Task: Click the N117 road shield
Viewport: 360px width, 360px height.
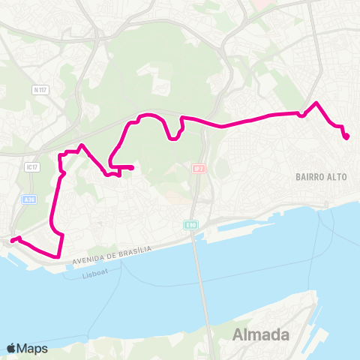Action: pyautogui.click(x=40, y=89)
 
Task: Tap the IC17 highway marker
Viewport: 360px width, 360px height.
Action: pyautogui.click(x=31, y=166)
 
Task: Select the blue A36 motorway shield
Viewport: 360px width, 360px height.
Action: pyautogui.click(x=29, y=199)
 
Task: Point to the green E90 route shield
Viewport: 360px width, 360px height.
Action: pyautogui.click(x=191, y=225)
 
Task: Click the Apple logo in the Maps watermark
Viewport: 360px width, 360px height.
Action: pyautogui.click(x=11, y=348)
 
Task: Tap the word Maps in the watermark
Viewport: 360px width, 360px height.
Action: pyautogui.click(x=32, y=348)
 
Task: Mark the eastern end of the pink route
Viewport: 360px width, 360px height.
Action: pyautogui.click(x=346, y=136)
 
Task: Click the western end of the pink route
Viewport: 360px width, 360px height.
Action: pyautogui.click(x=11, y=241)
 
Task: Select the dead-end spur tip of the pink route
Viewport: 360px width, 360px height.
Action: pyautogui.click(x=132, y=167)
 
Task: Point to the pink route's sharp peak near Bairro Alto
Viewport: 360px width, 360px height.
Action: pyautogui.click(x=316, y=103)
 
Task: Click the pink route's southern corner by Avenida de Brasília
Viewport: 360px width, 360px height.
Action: pyautogui.click(x=58, y=256)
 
